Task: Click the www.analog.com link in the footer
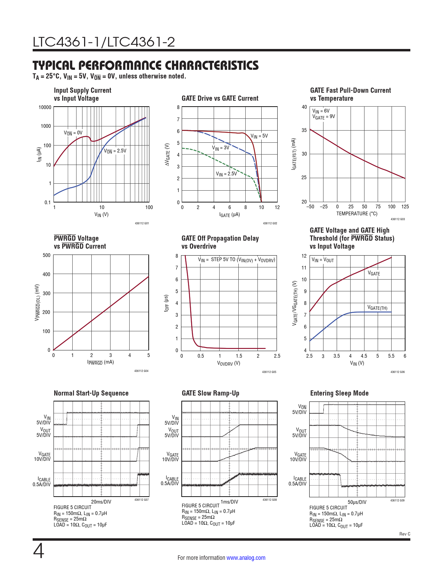246,558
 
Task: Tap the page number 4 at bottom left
39,551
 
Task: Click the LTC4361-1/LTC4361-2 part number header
104,42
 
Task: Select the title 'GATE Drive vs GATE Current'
220,98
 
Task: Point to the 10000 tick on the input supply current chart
45,107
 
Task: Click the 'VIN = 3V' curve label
221,148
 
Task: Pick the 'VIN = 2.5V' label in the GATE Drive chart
226,174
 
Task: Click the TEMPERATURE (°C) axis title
357,214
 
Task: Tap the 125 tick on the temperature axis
405,207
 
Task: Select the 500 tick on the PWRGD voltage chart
47,255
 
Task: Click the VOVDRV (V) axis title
229,363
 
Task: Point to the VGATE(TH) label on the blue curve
377,308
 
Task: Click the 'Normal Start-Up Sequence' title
91,393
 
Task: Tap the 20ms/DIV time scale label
101,502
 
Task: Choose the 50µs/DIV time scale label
357,502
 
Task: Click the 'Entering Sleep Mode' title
339,393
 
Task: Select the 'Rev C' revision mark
404,534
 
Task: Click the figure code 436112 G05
269,372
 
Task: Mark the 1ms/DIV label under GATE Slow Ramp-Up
229,502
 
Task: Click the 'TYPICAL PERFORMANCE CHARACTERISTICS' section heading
146,65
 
